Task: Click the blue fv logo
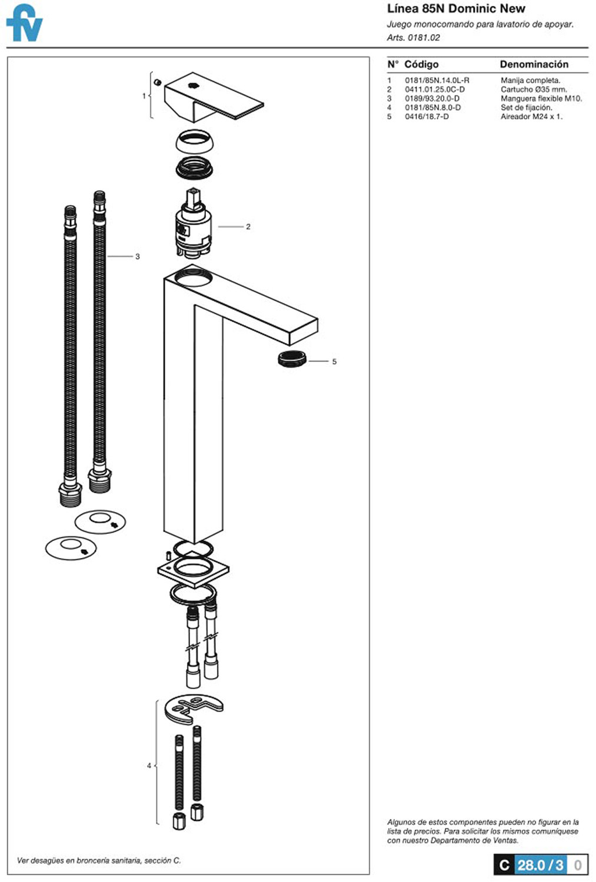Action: [x=25, y=23]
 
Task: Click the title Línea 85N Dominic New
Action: [x=456, y=8]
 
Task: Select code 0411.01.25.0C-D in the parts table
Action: [x=434, y=89]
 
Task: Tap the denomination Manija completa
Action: [x=530, y=81]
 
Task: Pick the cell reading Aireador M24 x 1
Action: [x=531, y=116]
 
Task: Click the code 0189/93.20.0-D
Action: [x=432, y=98]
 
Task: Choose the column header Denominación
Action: [x=534, y=64]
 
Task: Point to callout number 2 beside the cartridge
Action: [x=248, y=227]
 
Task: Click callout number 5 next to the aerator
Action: [x=334, y=362]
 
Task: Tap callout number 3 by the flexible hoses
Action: [x=138, y=257]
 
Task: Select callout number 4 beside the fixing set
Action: [x=149, y=766]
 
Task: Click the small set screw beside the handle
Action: [x=158, y=82]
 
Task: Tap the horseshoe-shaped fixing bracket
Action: [x=193, y=709]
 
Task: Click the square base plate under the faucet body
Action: [x=193, y=570]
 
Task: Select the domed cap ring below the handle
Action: [x=195, y=142]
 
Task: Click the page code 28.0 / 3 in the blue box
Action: [x=541, y=865]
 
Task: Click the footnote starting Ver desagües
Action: [x=98, y=860]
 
